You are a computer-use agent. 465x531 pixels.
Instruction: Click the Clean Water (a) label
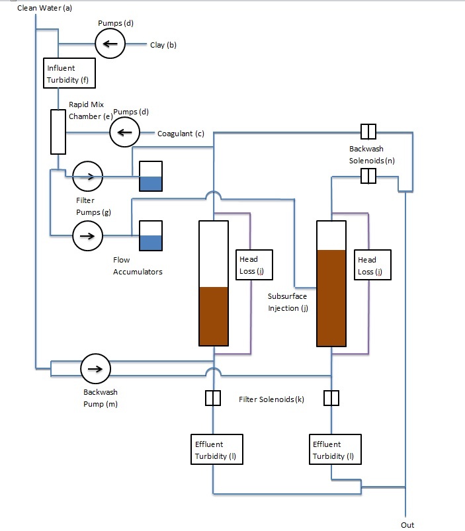coord(44,8)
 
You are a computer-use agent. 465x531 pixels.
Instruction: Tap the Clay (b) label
coord(163,45)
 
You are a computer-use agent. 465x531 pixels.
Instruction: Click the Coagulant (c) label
coord(181,134)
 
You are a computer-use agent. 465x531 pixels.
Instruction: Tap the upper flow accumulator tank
coord(151,176)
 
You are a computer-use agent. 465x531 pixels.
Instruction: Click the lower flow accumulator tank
coord(151,235)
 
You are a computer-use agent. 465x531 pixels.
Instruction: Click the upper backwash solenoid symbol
coord(368,132)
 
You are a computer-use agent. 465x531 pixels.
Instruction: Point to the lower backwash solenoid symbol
coord(368,176)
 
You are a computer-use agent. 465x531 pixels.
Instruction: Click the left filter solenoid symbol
coord(213,398)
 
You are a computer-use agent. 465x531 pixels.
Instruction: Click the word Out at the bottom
coord(407,525)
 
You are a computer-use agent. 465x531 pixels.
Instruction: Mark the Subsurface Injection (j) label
coord(288,302)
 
